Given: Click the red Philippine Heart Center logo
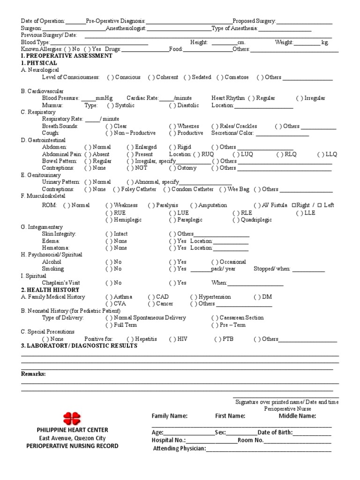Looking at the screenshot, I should point(72,418).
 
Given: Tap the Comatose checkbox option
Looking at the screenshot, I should point(234,77).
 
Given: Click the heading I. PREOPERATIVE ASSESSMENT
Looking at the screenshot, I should point(67,56).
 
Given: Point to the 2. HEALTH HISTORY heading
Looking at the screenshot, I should point(50,290).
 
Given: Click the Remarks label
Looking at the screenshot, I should point(33,374).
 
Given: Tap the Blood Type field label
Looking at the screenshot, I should point(36,42).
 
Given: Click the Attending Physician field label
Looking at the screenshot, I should point(180,449).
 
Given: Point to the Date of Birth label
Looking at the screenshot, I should point(275,433).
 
